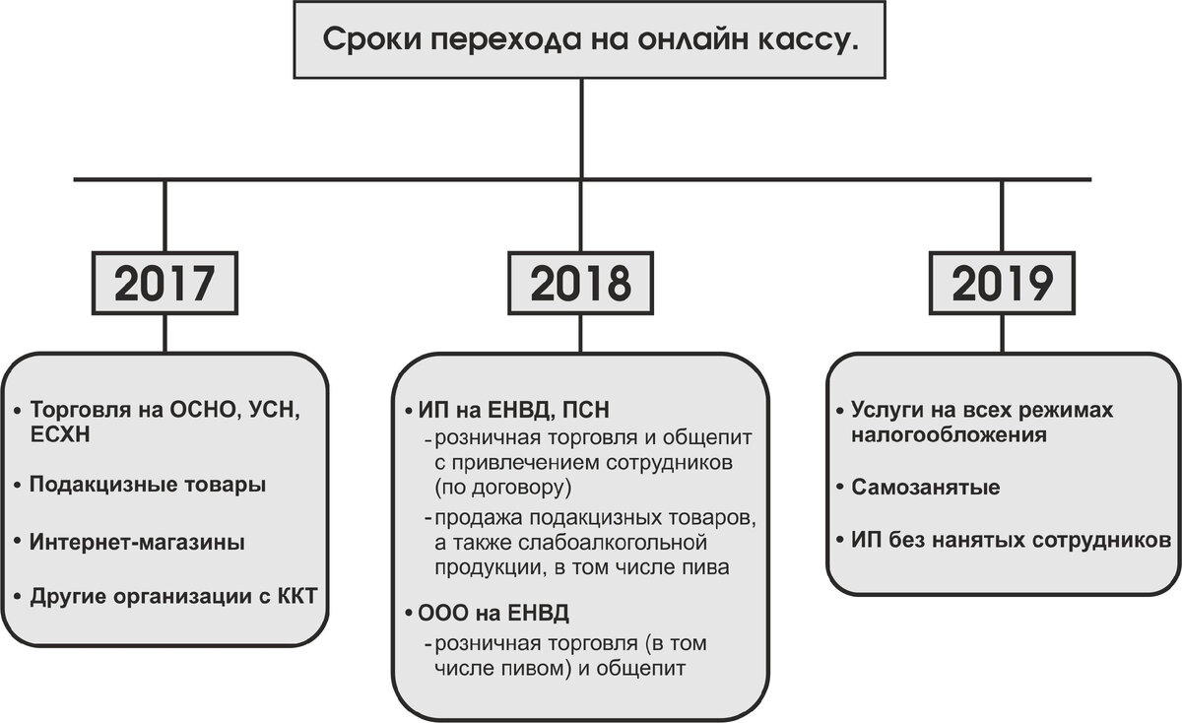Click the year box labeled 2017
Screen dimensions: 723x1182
click(164, 285)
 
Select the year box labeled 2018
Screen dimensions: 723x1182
click(580, 285)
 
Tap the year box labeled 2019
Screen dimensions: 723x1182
click(1003, 285)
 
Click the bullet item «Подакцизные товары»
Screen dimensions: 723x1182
click(147, 486)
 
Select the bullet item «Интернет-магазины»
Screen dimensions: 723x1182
click(137, 543)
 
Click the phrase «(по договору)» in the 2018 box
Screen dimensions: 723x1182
click(498, 487)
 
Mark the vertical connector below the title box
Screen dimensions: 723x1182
click(581, 128)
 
